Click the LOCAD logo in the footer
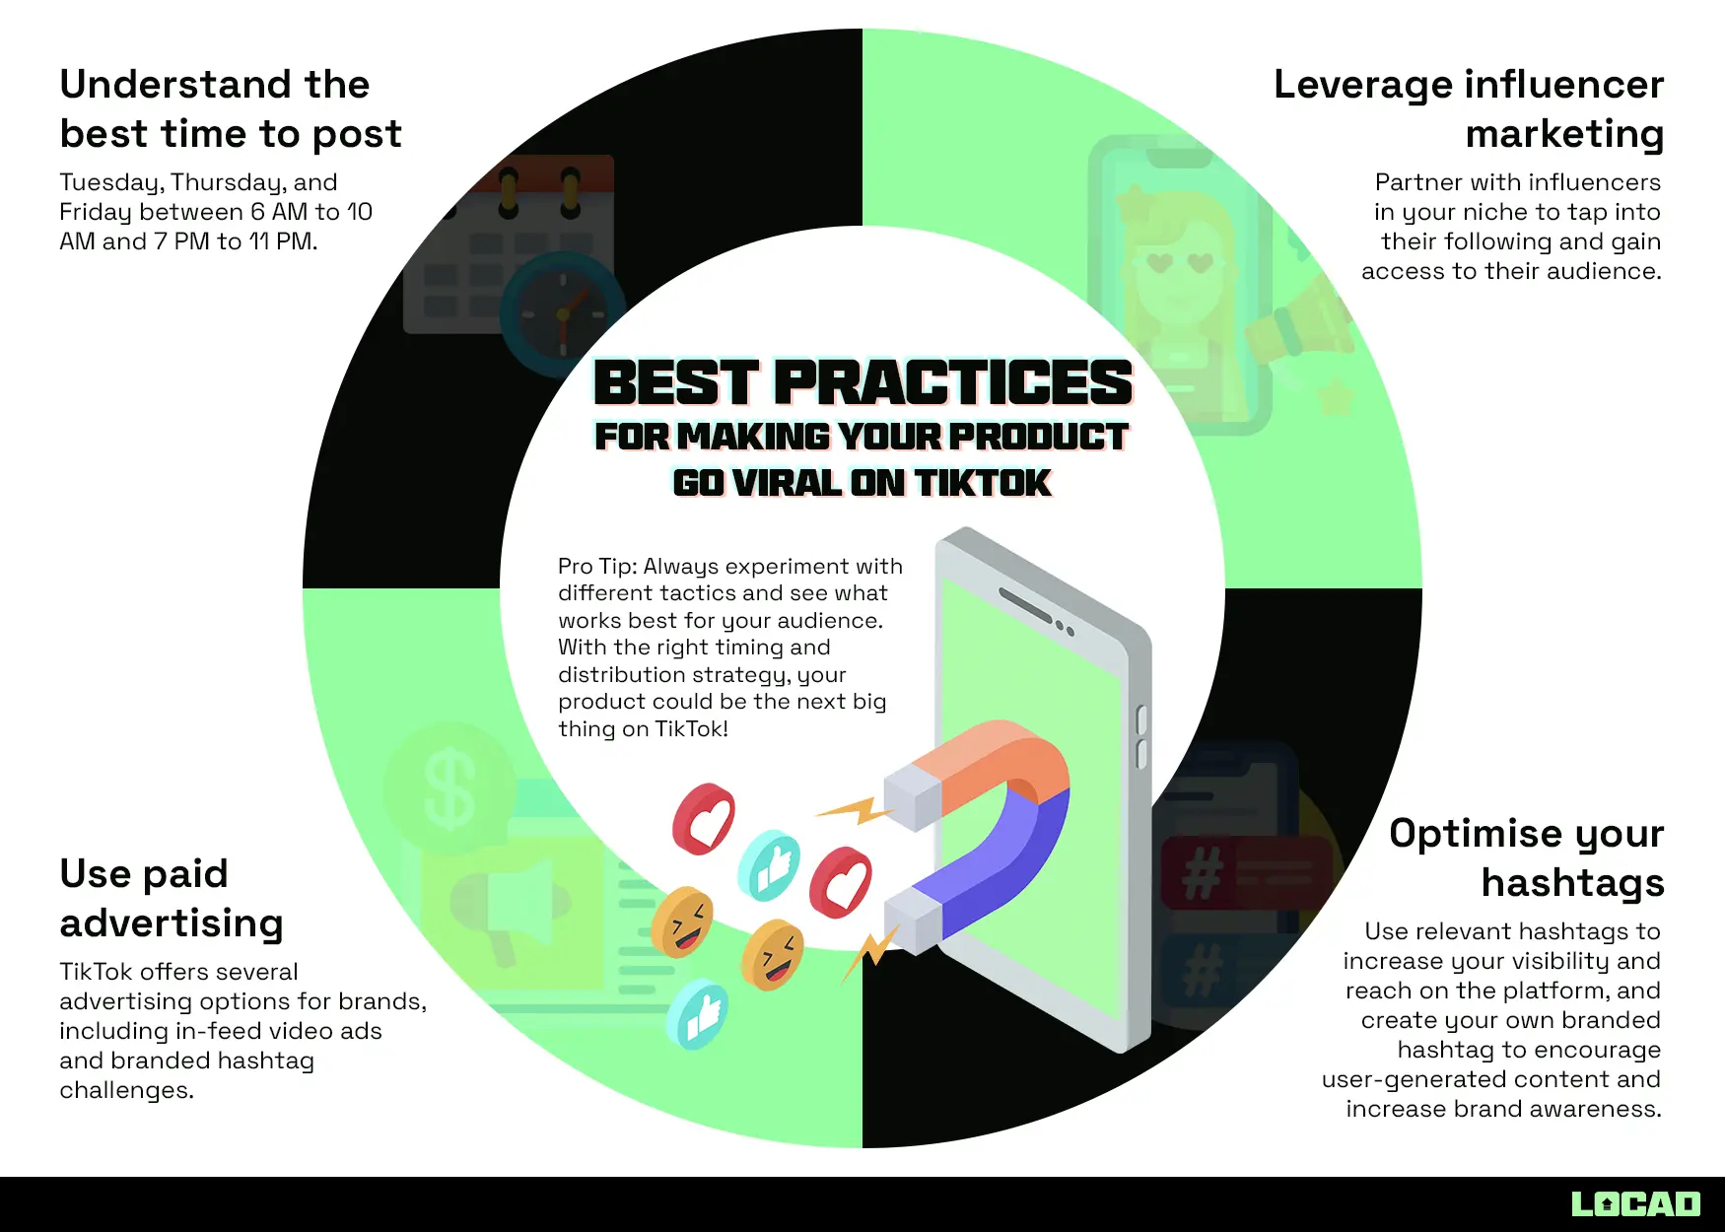(x=1635, y=1203)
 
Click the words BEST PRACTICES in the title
(x=862, y=382)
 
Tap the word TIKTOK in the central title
(x=983, y=483)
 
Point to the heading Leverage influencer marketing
(x=1469, y=108)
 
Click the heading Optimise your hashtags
(x=1526, y=857)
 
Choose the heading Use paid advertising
(x=172, y=898)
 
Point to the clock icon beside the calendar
(x=562, y=314)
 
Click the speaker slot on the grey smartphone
(x=1025, y=604)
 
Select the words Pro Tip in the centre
(x=596, y=567)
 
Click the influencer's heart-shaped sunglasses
(x=1180, y=262)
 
